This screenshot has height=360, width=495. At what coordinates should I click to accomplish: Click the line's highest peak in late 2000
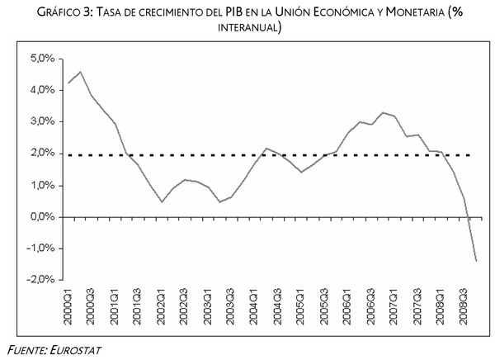(79, 72)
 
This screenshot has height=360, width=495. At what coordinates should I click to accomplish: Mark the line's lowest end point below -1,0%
(476, 261)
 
